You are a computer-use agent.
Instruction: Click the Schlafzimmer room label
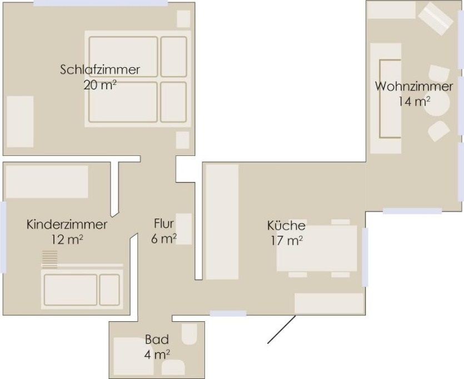click(99, 69)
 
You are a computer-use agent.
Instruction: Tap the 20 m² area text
click(99, 85)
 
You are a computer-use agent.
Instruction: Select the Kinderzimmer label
click(67, 225)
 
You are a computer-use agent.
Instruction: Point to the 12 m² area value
click(67, 240)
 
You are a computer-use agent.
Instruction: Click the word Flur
click(163, 224)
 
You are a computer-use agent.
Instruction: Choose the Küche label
click(286, 225)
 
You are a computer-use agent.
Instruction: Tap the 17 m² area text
click(287, 241)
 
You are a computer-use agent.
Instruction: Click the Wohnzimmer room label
click(414, 87)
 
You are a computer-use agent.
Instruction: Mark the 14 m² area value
click(414, 102)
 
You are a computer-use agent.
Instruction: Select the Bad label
click(157, 340)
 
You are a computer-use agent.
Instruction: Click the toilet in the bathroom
click(189, 334)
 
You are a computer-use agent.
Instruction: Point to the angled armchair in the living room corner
click(435, 19)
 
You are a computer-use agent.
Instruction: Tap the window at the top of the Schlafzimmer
click(101, 3)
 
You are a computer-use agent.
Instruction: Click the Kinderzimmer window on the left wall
click(3, 237)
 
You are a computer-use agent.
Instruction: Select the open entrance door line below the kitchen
click(282, 330)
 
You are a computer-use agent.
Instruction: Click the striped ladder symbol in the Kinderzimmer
click(49, 259)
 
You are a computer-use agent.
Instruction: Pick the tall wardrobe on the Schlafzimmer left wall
click(20, 122)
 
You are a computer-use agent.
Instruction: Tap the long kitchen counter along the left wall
click(222, 222)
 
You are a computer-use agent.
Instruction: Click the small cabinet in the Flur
click(184, 229)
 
